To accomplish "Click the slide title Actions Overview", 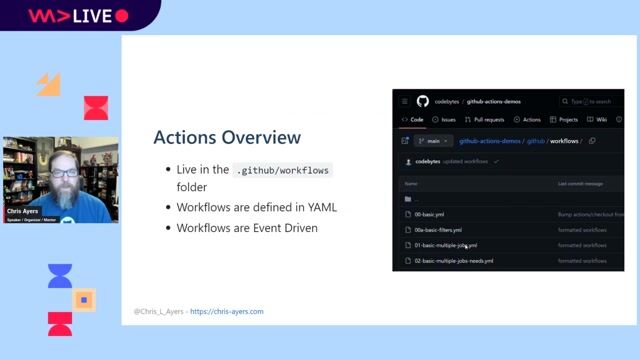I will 226,137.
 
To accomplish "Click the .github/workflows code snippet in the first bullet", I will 282,170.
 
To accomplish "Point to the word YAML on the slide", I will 321,207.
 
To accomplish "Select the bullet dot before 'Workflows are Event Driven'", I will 167,228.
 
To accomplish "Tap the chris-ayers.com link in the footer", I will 227,312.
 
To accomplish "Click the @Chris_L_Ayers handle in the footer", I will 158,312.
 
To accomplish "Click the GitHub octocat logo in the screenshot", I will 423,101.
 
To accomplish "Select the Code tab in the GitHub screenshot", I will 413,119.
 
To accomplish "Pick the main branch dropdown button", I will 428,141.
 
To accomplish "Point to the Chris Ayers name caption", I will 23,211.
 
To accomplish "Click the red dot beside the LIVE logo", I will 122,16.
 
